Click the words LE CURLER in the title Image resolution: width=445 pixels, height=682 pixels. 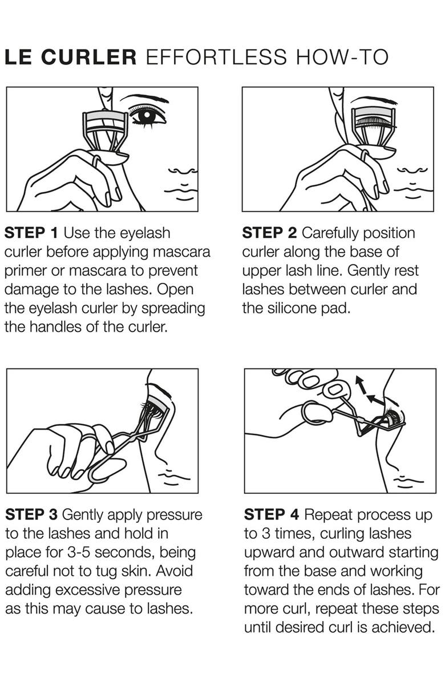coord(71,58)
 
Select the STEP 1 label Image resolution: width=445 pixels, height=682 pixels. coord(31,233)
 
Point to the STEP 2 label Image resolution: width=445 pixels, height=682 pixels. coord(270,233)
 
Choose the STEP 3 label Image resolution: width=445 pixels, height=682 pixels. coord(31,514)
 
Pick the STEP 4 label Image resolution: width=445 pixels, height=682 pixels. coord(272,514)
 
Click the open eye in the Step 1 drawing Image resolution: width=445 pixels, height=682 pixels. coord(147,116)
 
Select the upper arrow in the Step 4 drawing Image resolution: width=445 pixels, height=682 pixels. coord(360,385)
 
